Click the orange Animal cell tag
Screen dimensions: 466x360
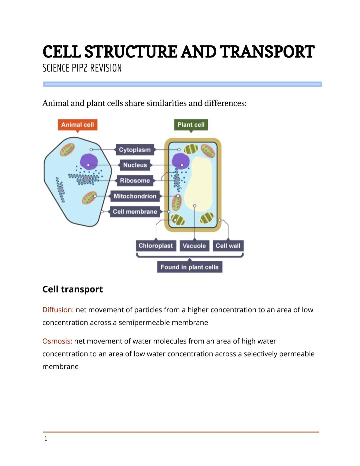(77, 125)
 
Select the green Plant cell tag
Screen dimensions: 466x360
(191, 125)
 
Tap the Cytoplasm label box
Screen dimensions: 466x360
(135, 150)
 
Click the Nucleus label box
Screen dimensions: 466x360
(135, 165)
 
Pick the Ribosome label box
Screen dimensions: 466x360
(135, 180)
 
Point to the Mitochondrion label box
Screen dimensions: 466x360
(135, 196)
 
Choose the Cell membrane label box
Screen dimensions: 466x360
(135, 211)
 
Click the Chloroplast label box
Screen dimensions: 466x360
(156, 246)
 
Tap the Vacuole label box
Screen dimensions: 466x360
(194, 246)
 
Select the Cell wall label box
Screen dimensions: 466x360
(228, 246)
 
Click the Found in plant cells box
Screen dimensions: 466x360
(189, 267)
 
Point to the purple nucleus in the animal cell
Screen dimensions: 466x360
(89, 161)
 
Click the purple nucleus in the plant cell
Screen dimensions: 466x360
(180, 161)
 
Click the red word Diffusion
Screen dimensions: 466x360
(58, 310)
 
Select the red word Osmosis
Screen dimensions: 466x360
(57, 341)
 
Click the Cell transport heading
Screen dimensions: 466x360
(73, 289)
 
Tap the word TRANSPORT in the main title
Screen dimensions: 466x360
(267, 52)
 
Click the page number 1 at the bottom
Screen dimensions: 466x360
(46, 439)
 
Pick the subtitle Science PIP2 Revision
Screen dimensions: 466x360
(82, 68)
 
